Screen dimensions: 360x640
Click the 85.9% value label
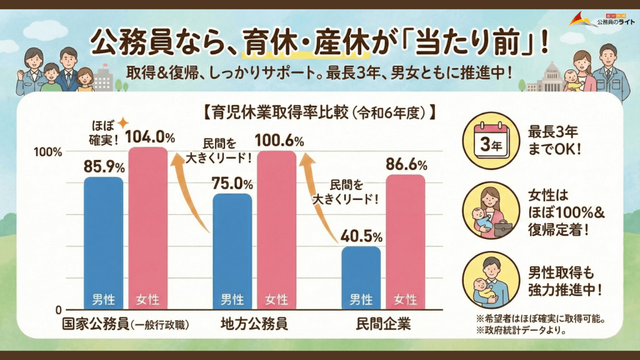104,166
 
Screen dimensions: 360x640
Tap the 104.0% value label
151,136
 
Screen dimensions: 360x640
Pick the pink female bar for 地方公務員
276,231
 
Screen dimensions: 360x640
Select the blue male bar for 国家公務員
104,244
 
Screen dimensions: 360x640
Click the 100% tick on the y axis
49,152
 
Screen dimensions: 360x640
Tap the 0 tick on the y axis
58,309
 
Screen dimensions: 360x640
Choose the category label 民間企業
384,324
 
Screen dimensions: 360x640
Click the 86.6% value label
406,165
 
